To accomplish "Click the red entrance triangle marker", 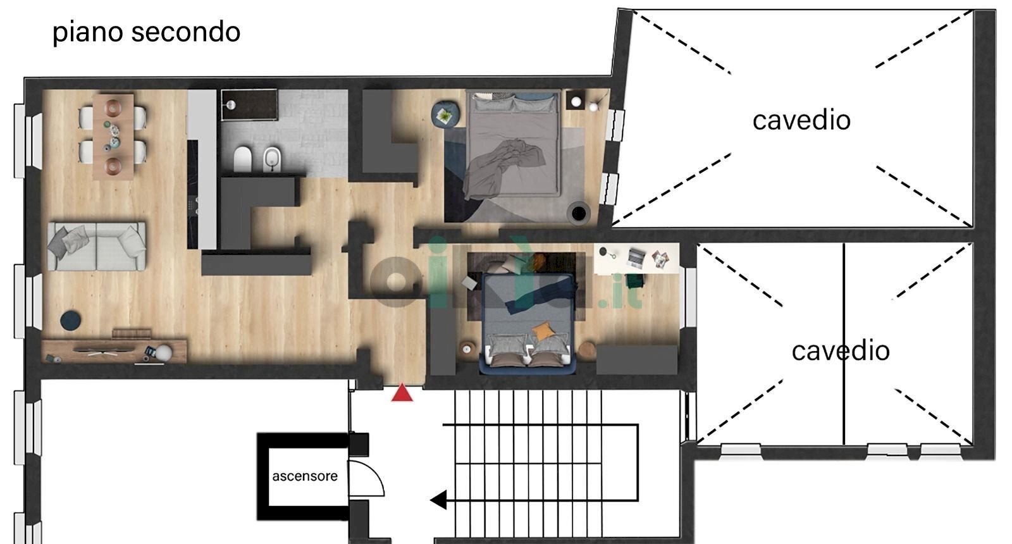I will click(x=402, y=394).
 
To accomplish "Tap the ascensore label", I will click(x=305, y=476).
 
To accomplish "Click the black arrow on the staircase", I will click(x=438, y=500).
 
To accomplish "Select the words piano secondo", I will click(x=146, y=32).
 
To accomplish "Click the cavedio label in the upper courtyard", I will click(x=801, y=120).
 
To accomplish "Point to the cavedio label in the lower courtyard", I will click(x=841, y=350).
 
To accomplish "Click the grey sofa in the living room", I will click(x=97, y=246).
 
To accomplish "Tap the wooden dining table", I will click(x=113, y=136).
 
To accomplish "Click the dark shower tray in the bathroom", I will click(x=249, y=104).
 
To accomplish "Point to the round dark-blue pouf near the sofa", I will click(x=71, y=320).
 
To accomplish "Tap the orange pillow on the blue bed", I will click(x=543, y=331).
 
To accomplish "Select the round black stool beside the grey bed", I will click(x=579, y=213).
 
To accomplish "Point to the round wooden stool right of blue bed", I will click(x=587, y=350).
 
